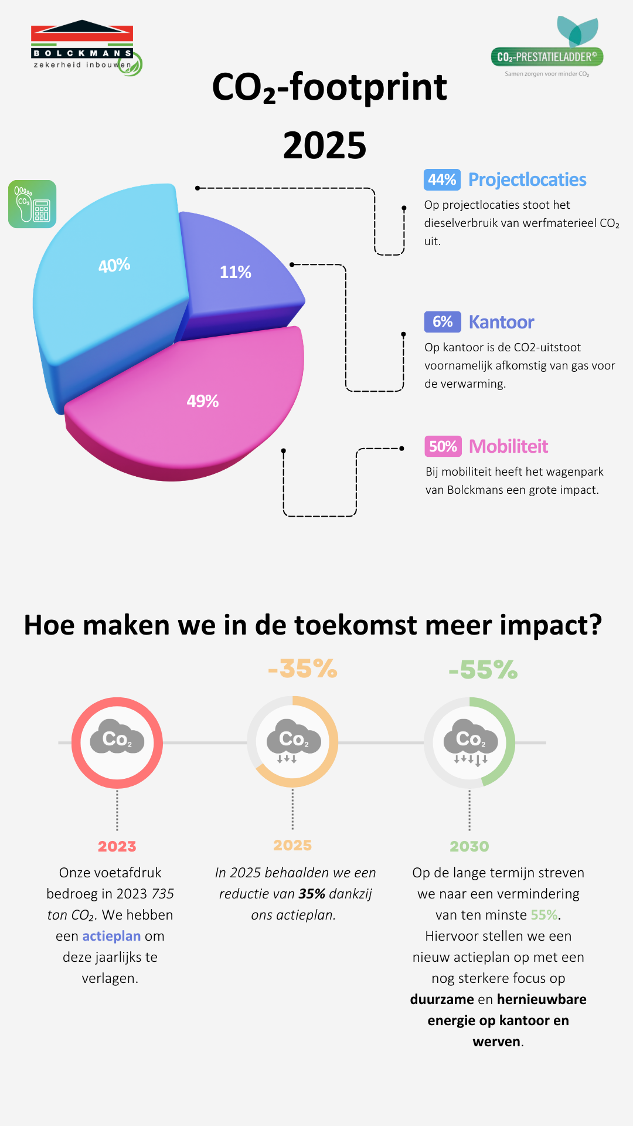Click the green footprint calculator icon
[x=32, y=204]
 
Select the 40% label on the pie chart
[x=114, y=266]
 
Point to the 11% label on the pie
[x=236, y=272]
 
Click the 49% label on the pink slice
[x=203, y=401]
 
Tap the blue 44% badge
[x=442, y=179]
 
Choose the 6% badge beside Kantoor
[x=443, y=321]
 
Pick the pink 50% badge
[x=443, y=446]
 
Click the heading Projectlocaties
[x=527, y=179]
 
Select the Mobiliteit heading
[x=509, y=446]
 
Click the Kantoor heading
[x=501, y=322]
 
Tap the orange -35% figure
[x=302, y=669]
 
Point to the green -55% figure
[x=483, y=670]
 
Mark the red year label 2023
[x=117, y=846]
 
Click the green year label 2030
[x=469, y=846]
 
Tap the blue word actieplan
[x=111, y=936]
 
